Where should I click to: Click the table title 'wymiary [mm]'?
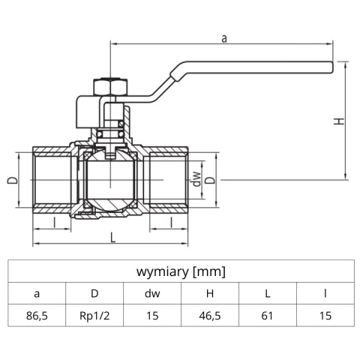(180, 271)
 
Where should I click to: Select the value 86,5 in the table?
(37, 316)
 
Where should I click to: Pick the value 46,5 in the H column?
(209, 316)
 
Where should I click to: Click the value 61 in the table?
(267, 316)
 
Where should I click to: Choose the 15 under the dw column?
(151, 316)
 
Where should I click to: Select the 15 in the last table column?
(325, 316)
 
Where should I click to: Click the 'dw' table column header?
(151, 293)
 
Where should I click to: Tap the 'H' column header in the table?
(209, 293)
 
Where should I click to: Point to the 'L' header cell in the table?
(267, 293)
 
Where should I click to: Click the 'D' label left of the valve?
(11, 181)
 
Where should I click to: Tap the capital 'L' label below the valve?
(112, 237)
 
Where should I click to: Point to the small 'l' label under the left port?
(53, 223)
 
